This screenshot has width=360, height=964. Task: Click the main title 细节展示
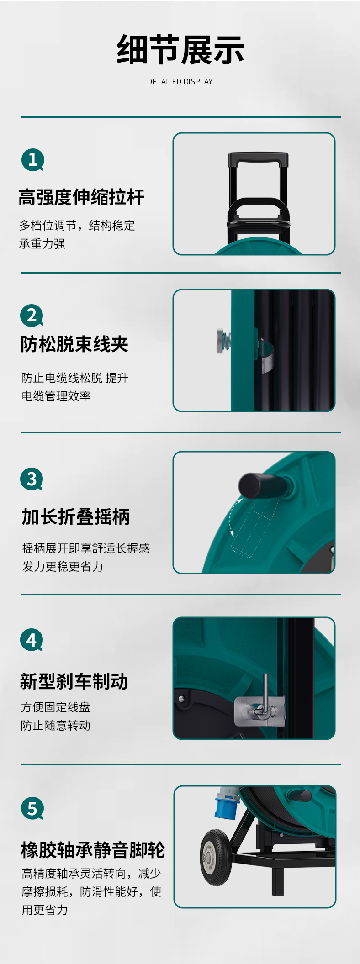tap(180, 50)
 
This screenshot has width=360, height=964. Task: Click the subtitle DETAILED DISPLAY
tap(180, 82)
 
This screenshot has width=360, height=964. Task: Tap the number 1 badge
tap(33, 160)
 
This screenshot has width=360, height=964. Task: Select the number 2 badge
tap(32, 316)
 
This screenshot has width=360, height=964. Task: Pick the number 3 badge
tap(32, 479)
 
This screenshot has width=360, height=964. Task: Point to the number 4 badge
tap(32, 640)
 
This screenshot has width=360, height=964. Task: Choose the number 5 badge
tap(32, 808)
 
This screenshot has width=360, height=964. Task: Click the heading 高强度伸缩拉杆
tap(81, 197)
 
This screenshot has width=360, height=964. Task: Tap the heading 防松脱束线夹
tap(74, 344)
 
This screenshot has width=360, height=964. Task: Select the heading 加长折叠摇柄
tap(76, 517)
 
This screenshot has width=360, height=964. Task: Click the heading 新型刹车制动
tap(74, 681)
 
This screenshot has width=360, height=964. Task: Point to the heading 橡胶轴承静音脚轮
tap(93, 850)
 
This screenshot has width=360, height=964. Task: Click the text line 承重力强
tap(42, 244)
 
